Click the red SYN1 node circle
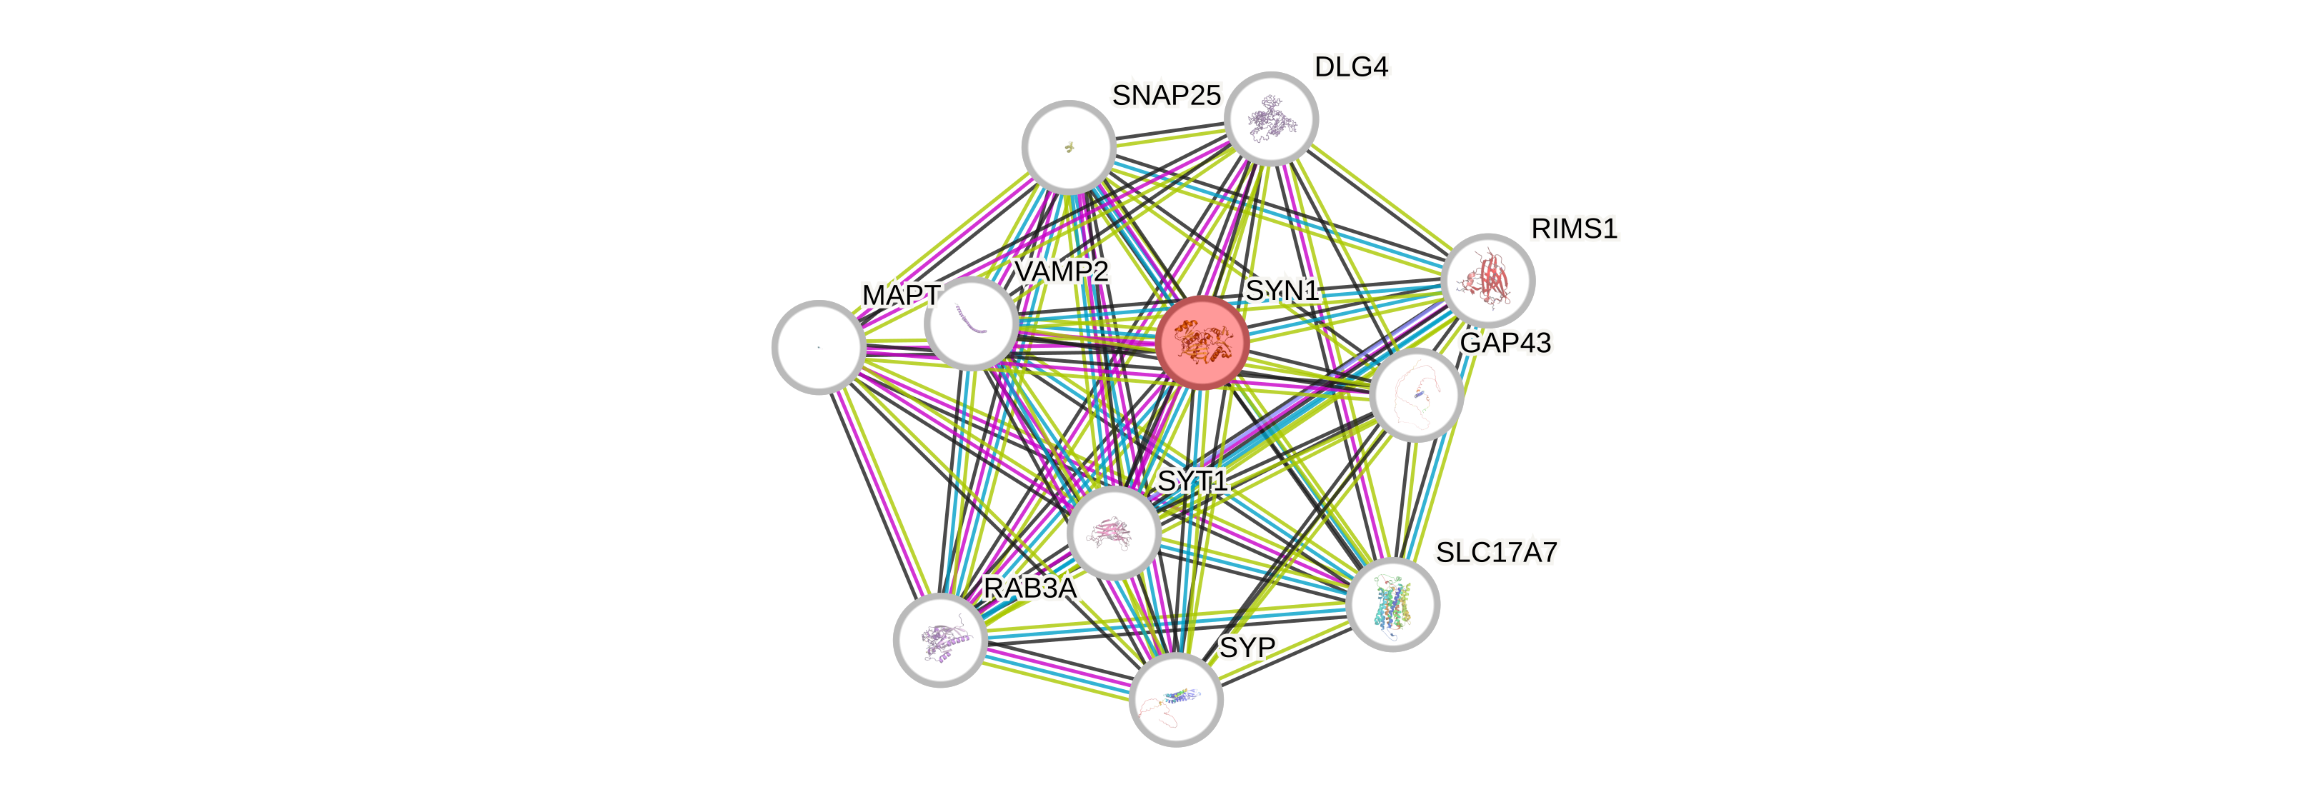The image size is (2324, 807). pos(1202,343)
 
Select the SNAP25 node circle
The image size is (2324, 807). pos(1068,146)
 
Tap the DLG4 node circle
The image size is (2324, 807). pos(1270,118)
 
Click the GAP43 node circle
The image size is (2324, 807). pos(1415,395)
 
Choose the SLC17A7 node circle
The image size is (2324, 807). pos(1392,604)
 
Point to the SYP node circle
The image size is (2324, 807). pos(1175,698)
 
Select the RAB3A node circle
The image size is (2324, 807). pos(940,639)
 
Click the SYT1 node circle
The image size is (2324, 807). pos(1113,532)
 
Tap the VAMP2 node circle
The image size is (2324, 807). pos(972,324)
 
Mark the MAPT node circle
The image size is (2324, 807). pos(818,347)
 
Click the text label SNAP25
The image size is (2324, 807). pos(1166,95)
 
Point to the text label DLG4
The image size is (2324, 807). pos(1352,66)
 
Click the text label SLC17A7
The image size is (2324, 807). pos(1497,552)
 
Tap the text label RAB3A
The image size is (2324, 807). pos(1029,588)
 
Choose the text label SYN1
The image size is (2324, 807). pos(1282,291)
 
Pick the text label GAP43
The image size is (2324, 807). pos(1505,343)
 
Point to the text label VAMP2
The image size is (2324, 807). pos(1061,271)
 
